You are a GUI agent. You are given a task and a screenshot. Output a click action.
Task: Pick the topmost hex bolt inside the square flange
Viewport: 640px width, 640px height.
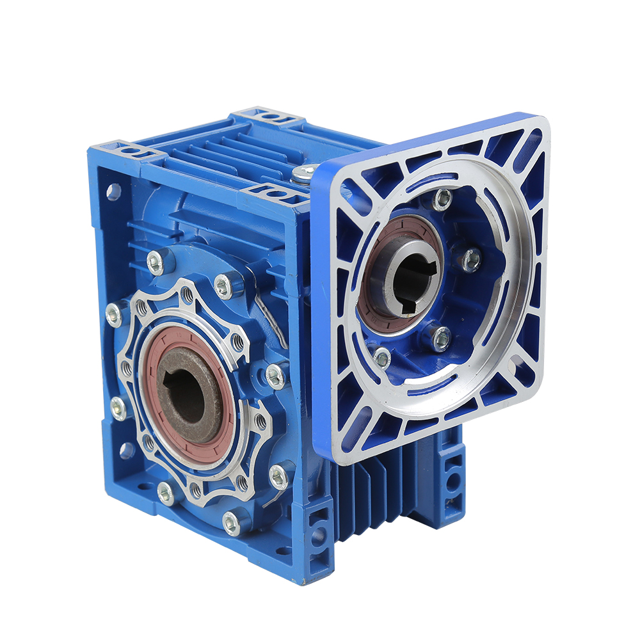[x=442, y=199]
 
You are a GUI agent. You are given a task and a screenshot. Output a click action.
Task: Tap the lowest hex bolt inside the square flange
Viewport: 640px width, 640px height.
[x=382, y=358]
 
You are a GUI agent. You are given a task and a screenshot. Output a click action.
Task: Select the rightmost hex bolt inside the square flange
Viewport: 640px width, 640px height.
[x=471, y=259]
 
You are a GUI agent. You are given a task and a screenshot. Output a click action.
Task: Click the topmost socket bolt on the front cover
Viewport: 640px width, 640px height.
[x=155, y=262]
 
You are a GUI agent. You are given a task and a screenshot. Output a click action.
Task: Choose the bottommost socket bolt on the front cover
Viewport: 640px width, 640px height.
[x=232, y=523]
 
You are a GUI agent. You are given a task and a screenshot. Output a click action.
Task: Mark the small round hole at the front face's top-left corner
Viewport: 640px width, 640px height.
[x=113, y=190]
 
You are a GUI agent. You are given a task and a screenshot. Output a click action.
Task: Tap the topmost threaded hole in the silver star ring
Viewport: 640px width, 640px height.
[x=187, y=295]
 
